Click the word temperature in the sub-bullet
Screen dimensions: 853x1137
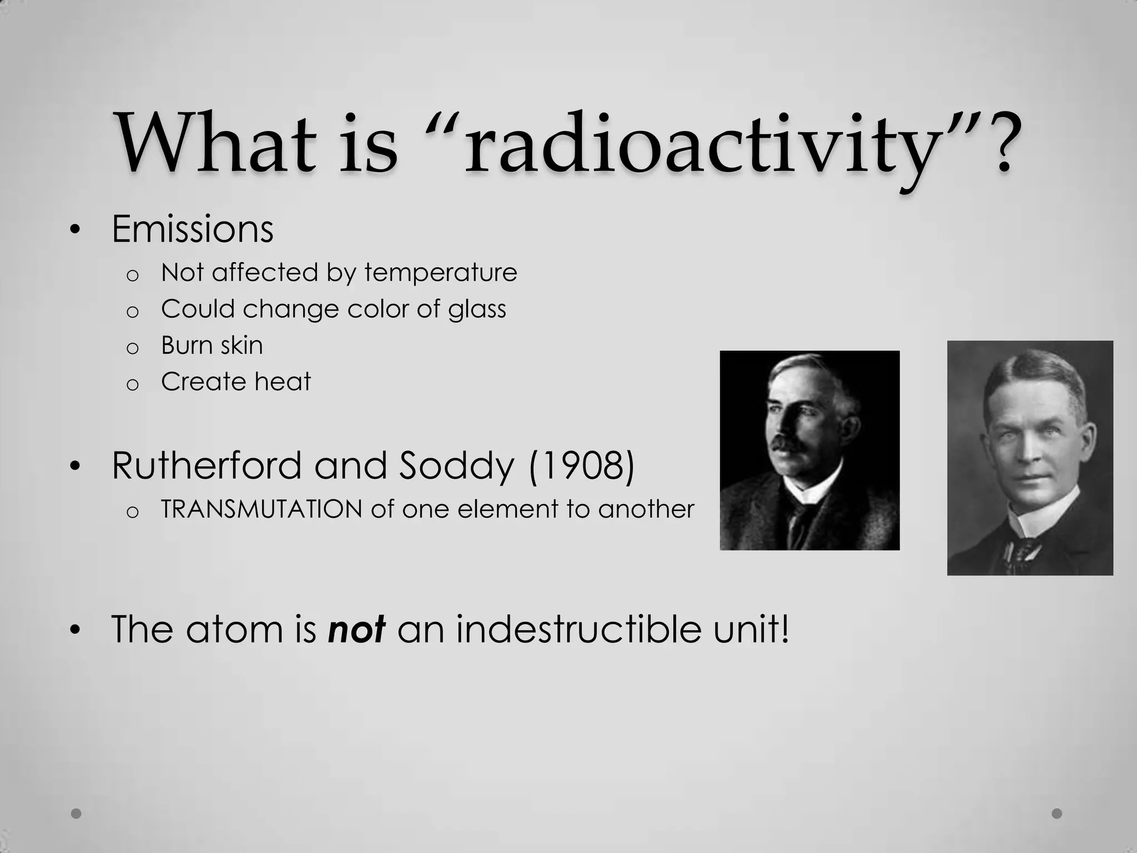click(x=441, y=273)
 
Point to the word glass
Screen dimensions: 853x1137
click(x=477, y=309)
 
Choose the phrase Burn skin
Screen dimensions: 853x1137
click(x=212, y=345)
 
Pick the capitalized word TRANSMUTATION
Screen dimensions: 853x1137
click(x=261, y=509)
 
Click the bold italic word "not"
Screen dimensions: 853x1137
click(x=357, y=629)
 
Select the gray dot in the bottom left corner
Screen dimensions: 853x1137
click(x=77, y=814)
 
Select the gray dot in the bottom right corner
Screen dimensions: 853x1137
click(x=1057, y=814)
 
